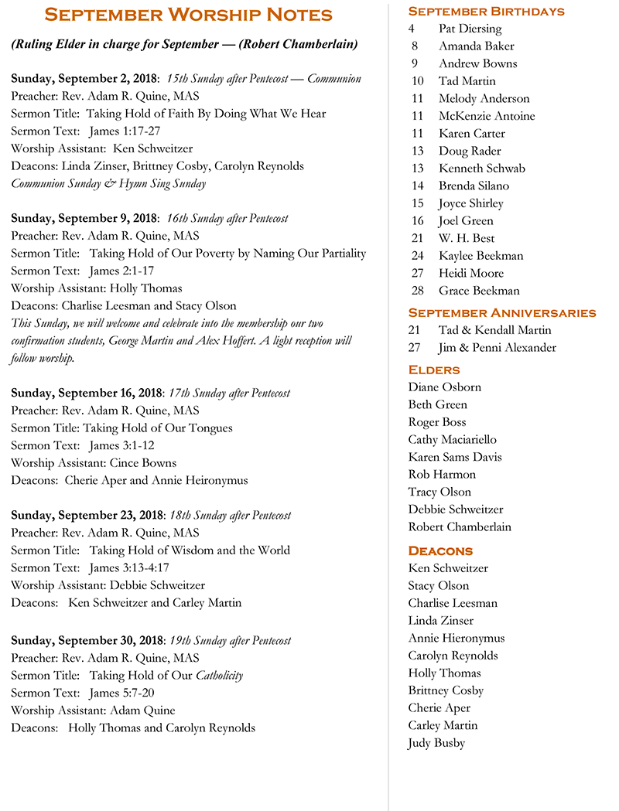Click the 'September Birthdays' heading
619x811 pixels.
pyautogui.click(x=486, y=11)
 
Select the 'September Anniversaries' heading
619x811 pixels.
pyautogui.click(x=501, y=312)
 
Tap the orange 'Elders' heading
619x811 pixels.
pyautogui.click(x=434, y=369)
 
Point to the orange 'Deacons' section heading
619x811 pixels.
pyautogui.click(x=440, y=550)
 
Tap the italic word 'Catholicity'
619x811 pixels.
pyautogui.click(x=219, y=675)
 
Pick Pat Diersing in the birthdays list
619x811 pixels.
pyautogui.click(x=470, y=29)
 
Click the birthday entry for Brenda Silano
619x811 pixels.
pyautogui.click(x=474, y=186)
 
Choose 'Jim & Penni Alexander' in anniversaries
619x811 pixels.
pyautogui.click(x=497, y=348)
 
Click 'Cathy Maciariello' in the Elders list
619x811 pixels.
pyautogui.click(x=453, y=439)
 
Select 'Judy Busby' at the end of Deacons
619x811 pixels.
pyautogui.click(x=436, y=743)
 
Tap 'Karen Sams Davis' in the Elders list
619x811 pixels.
pyautogui.click(x=455, y=457)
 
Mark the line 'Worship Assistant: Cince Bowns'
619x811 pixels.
pyautogui.click(x=94, y=463)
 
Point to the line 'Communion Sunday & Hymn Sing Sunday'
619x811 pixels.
pyautogui.click(x=108, y=183)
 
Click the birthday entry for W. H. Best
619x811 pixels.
pyautogui.click(x=467, y=238)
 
